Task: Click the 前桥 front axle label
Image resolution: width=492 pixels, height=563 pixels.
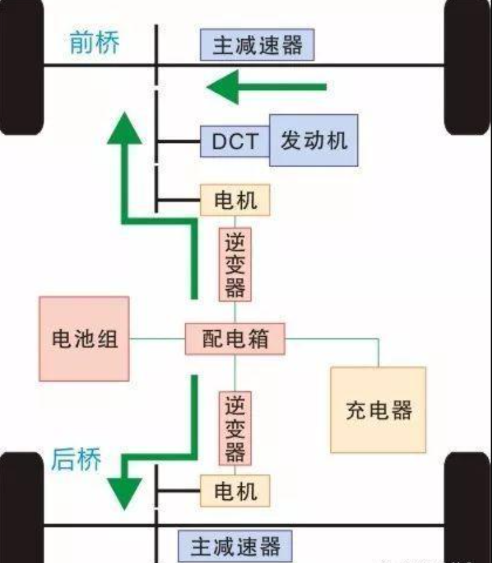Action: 95,44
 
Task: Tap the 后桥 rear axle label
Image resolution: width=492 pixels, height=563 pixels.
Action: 76,460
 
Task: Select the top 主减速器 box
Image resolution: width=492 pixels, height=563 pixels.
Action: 257,46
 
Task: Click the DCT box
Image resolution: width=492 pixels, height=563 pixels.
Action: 235,142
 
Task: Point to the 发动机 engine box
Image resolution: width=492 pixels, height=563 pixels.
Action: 314,141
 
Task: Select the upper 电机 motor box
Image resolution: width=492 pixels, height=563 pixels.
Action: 235,200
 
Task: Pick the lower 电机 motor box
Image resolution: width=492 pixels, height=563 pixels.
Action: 235,491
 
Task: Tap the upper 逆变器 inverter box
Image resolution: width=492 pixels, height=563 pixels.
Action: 235,265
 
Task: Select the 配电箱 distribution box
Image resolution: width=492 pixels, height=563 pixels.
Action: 235,339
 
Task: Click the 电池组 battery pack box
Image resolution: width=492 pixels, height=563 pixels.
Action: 84,339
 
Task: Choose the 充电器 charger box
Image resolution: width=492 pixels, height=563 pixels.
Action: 378,410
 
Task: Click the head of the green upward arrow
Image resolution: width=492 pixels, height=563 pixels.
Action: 125,130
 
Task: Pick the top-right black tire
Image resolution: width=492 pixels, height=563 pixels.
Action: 468,67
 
